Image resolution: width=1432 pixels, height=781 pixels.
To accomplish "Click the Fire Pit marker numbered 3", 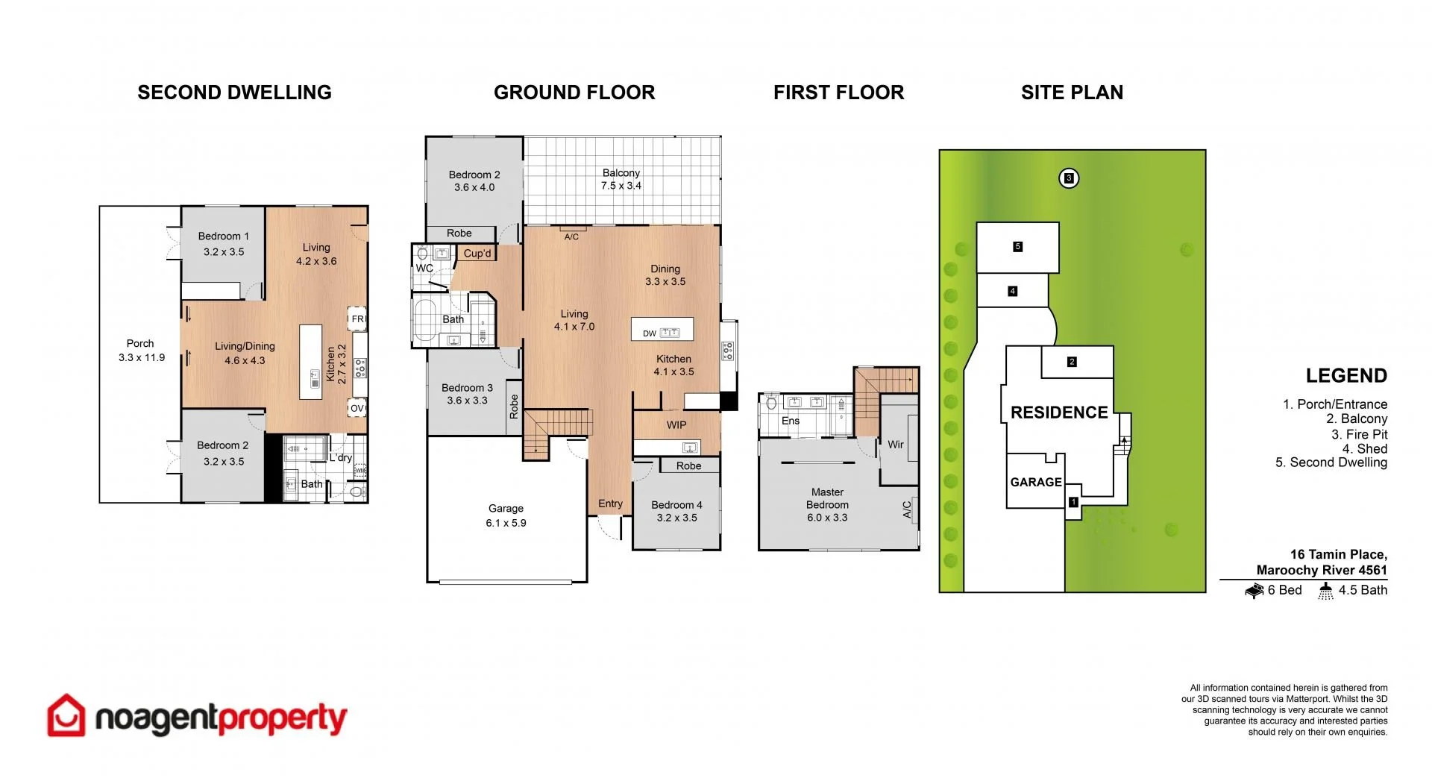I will click(x=1069, y=178).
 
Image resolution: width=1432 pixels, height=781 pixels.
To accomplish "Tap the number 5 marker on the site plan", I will click(x=1017, y=247).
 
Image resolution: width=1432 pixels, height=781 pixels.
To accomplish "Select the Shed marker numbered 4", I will click(x=1012, y=291).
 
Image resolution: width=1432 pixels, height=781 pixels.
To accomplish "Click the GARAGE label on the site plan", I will click(x=1036, y=483).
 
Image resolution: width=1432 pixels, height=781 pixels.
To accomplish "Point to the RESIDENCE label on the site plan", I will click(x=1059, y=413).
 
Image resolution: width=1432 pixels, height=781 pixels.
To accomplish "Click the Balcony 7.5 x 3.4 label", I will click(x=621, y=179).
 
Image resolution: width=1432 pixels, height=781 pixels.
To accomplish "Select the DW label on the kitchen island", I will click(x=649, y=333).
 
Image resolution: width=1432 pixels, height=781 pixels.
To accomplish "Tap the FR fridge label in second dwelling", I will click(x=357, y=319).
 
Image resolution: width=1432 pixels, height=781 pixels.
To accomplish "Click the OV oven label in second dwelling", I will click(x=357, y=408).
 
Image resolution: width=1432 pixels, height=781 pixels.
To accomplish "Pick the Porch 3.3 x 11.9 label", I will click(x=141, y=351).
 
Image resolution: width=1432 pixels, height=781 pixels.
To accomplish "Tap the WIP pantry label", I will click(x=676, y=425).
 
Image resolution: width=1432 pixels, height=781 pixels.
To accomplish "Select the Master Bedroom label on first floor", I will click(x=827, y=504).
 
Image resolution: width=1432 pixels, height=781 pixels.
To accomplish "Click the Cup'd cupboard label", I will click(x=477, y=254).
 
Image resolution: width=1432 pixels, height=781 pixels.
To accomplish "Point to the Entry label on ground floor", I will click(x=610, y=504).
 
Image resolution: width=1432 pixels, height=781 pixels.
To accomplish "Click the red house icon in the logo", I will click(x=66, y=716).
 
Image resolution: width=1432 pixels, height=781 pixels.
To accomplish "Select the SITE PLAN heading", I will click(x=1072, y=92).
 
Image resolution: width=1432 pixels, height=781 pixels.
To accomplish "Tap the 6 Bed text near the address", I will click(x=1284, y=590).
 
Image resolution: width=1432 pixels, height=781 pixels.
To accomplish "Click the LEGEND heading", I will click(x=1345, y=376).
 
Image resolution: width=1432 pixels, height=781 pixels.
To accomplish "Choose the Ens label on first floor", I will click(x=791, y=421).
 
